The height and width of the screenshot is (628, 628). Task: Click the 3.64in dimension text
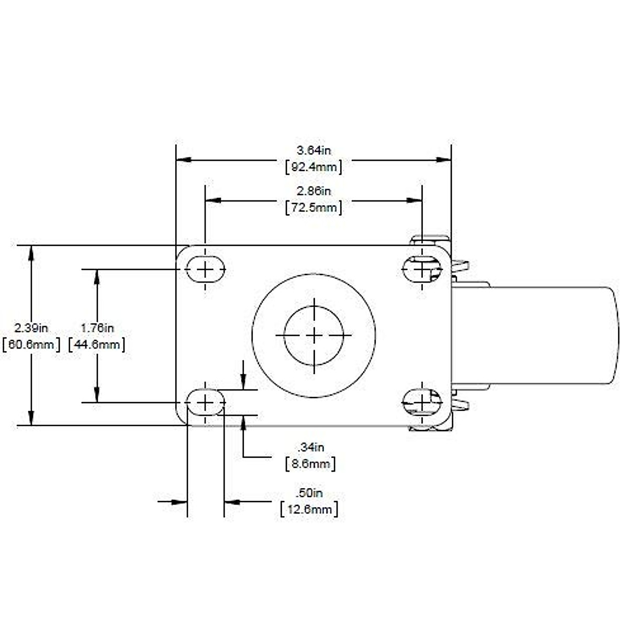coord(314,151)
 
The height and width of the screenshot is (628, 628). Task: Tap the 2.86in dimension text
coord(314,191)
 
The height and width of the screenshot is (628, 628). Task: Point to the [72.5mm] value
coord(314,208)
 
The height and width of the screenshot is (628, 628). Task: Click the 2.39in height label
coord(31,328)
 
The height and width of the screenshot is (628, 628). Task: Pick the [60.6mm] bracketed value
coord(31,345)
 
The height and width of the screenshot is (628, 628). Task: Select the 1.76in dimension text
coord(97,328)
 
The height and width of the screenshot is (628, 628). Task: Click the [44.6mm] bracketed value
coord(97,345)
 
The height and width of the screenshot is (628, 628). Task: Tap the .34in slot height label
coord(311,447)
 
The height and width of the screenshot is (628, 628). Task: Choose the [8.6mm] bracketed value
coord(311,464)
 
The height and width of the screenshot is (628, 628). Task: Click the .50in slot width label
coord(309,492)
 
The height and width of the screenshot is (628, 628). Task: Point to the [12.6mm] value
coord(309,509)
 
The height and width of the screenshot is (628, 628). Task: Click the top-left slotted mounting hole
coord(206,270)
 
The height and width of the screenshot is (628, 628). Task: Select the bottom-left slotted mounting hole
coord(206,402)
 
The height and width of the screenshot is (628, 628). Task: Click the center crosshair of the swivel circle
coord(313,335)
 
